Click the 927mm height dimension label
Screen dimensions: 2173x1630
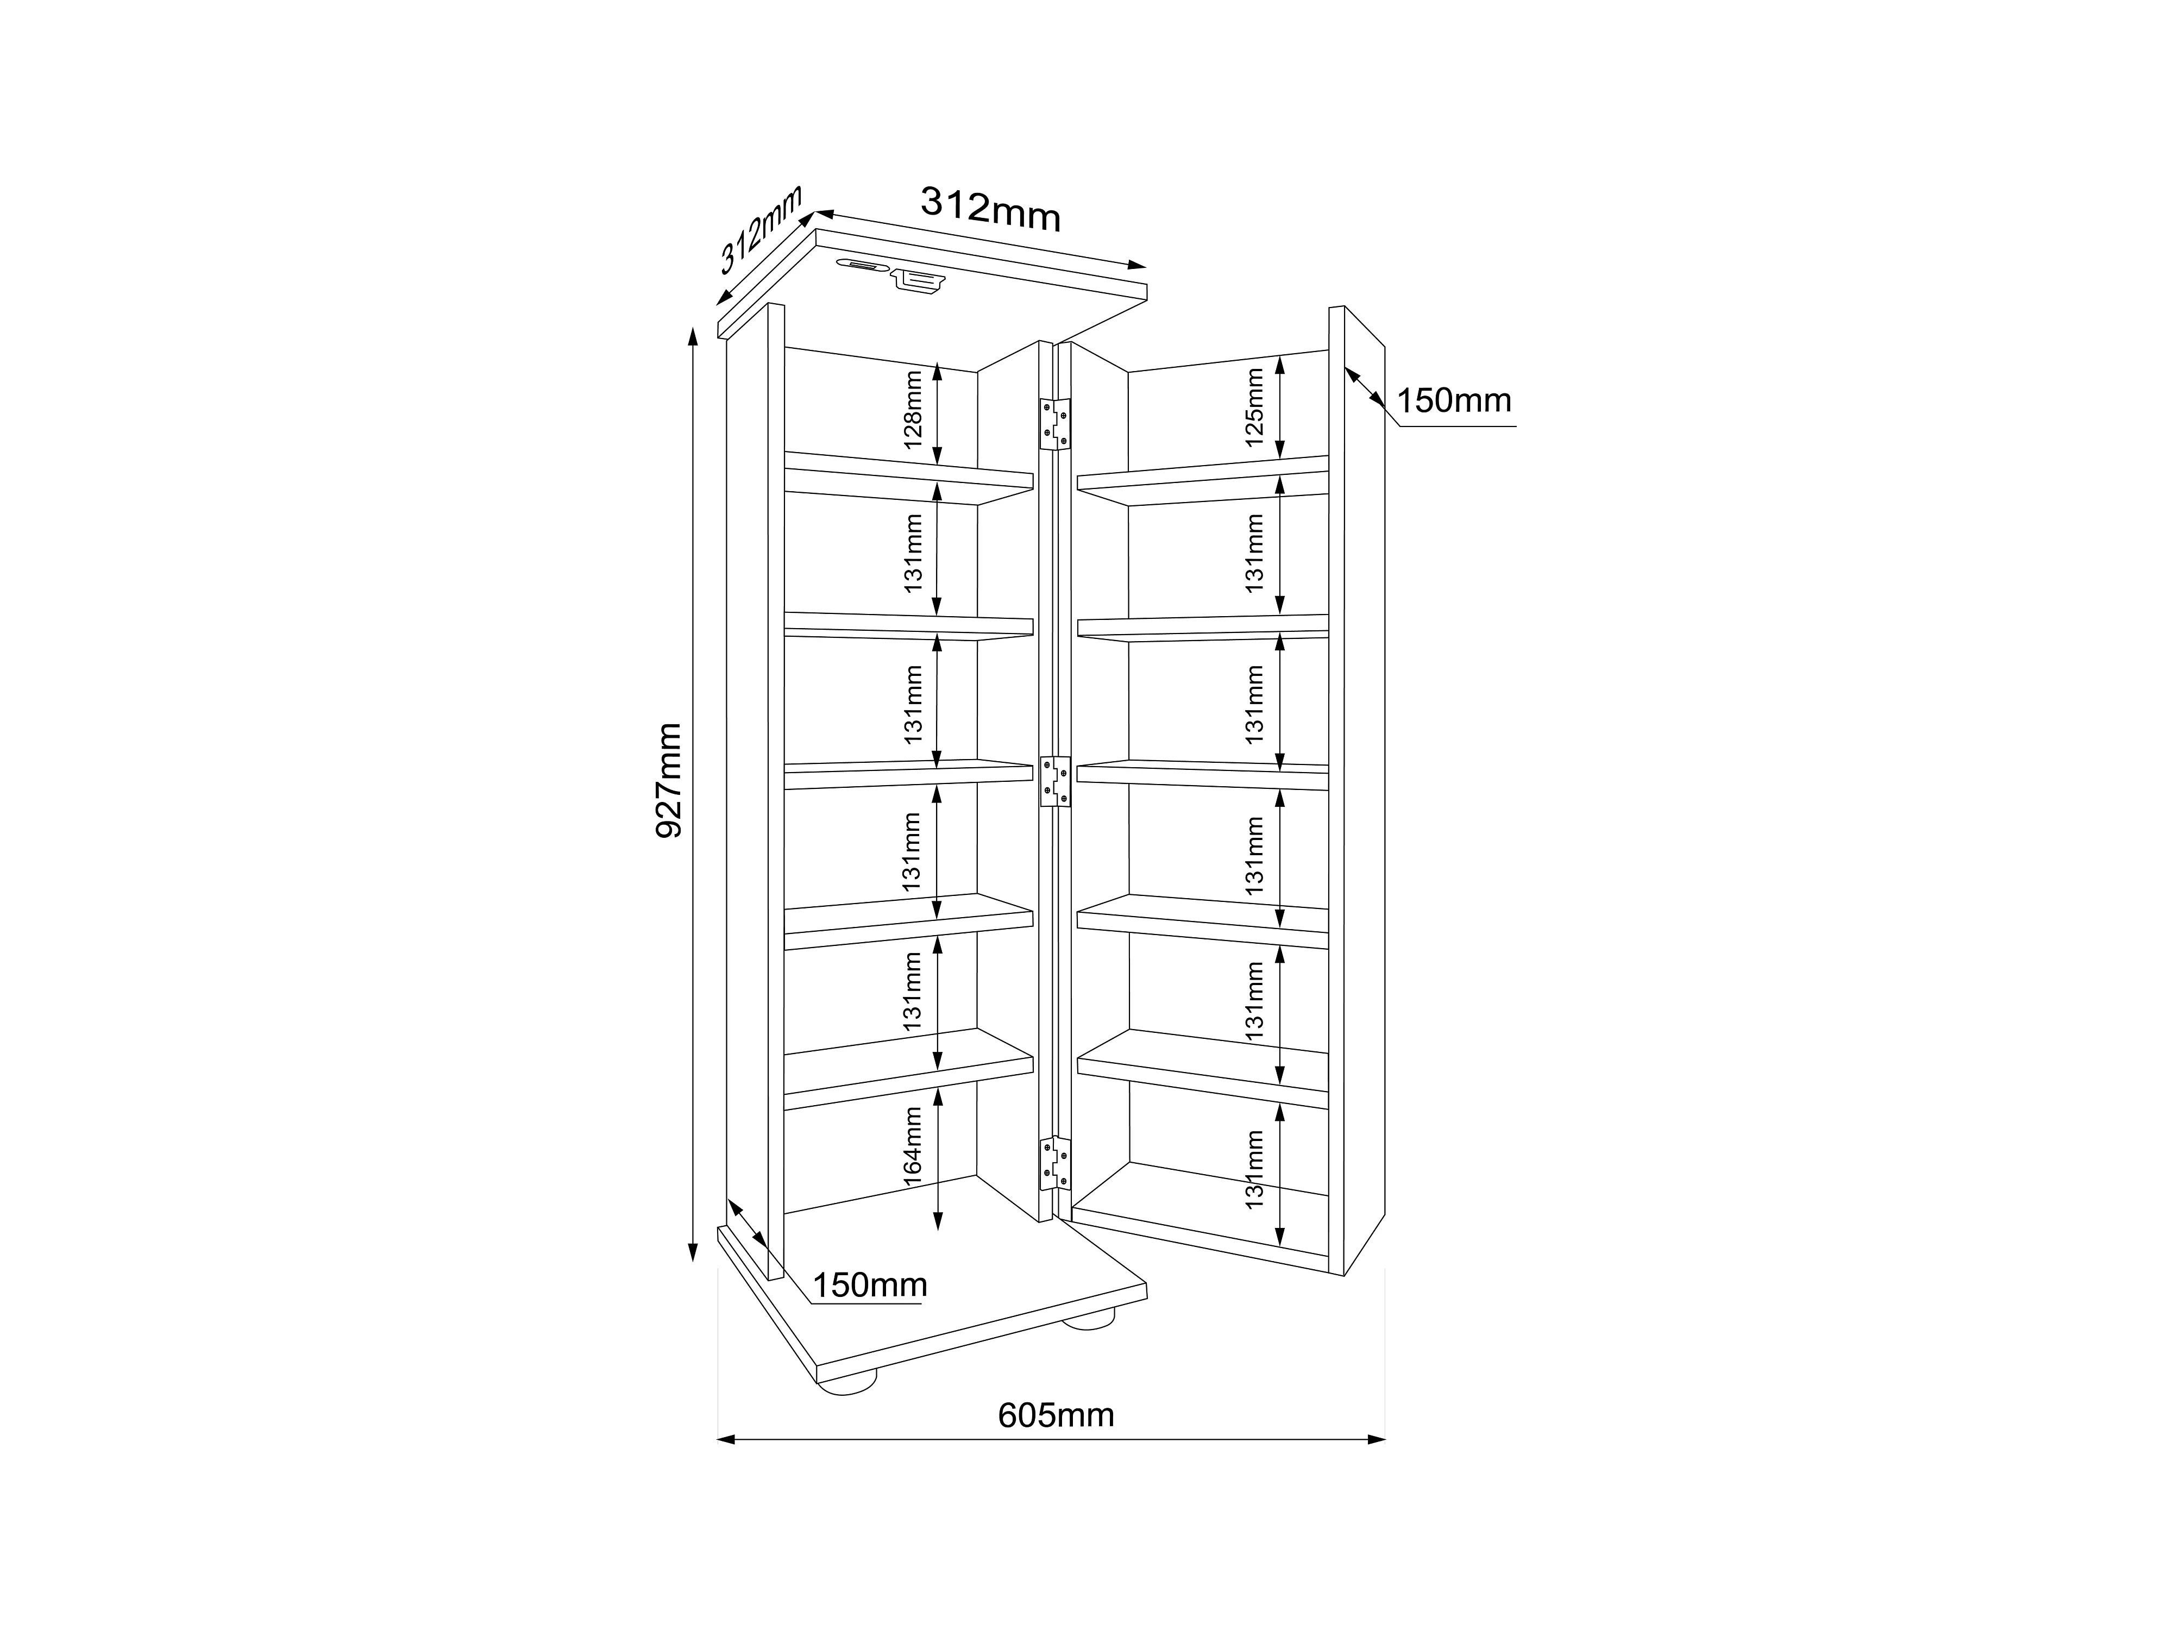[668, 780]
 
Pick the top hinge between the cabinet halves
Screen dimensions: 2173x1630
[1055, 423]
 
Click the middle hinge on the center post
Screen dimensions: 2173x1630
[1055, 781]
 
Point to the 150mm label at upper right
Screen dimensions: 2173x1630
[1453, 401]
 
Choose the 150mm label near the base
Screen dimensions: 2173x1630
[869, 1285]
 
